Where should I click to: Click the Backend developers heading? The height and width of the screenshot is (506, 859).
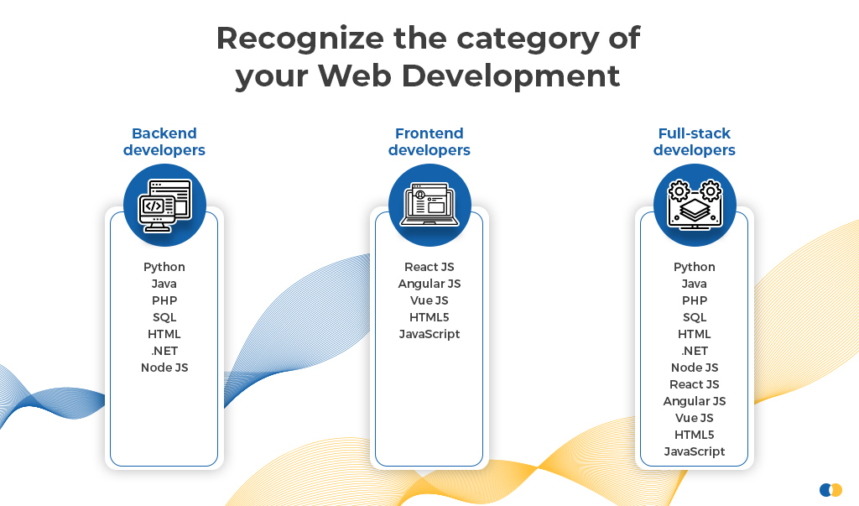[164, 142]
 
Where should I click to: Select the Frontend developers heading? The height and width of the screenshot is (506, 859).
[429, 142]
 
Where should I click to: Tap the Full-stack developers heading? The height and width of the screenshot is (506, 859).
[694, 142]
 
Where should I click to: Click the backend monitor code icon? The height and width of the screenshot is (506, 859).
[165, 206]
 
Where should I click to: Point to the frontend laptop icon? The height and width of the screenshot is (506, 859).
[429, 205]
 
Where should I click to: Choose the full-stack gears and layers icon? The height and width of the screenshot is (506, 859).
[695, 205]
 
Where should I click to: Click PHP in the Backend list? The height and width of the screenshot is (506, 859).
[164, 300]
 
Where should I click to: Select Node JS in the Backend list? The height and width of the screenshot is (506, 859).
[164, 368]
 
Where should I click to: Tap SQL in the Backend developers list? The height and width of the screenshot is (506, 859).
[164, 317]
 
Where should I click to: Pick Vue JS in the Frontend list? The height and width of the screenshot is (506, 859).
[429, 300]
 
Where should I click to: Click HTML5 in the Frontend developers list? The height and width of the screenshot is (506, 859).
[429, 317]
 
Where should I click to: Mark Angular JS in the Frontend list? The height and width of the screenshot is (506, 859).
[429, 284]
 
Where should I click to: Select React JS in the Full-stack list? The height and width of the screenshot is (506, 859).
[694, 384]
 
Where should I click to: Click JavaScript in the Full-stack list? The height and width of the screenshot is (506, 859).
[694, 451]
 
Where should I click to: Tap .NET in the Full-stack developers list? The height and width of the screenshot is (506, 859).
[694, 351]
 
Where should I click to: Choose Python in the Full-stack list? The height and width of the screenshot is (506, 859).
[694, 267]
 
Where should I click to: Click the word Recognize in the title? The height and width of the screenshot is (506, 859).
[300, 39]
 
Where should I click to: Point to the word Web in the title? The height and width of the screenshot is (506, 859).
[354, 76]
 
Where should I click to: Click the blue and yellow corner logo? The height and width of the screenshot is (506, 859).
[830, 489]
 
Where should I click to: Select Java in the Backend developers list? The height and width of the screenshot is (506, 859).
[164, 284]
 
